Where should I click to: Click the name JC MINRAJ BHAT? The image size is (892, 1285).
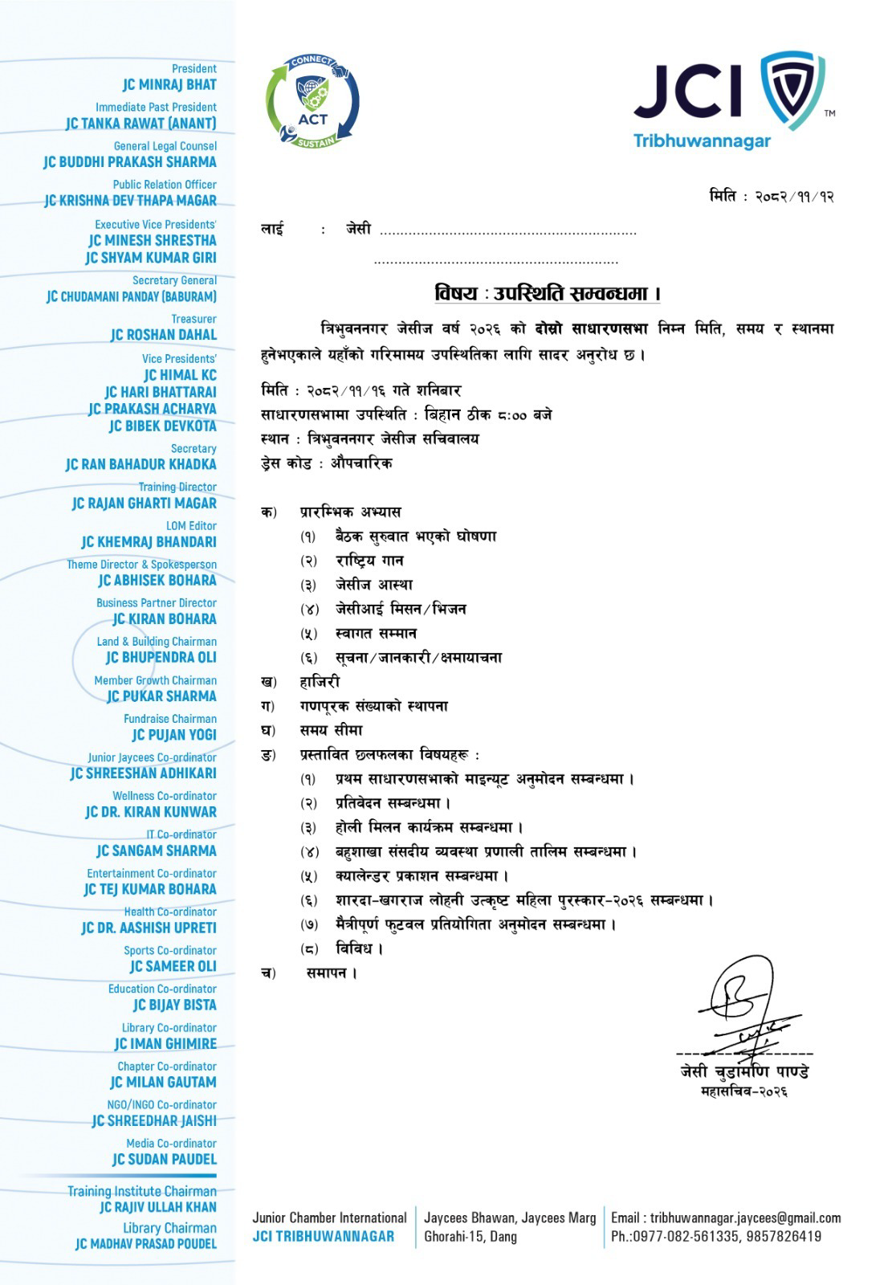coord(169,84)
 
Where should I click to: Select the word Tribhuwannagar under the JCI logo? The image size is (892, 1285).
coord(702,141)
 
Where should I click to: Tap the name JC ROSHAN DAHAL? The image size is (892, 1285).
coord(164,335)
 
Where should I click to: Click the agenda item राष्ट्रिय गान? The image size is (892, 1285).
coord(369,561)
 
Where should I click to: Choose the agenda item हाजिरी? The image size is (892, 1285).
coord(320,682)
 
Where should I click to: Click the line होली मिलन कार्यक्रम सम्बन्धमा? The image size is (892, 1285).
coord(430,827)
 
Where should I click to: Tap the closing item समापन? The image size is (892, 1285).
coord(332,973)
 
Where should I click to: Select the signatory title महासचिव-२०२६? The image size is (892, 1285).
coord(743,1091)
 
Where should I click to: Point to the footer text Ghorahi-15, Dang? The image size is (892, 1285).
coord(470,1237)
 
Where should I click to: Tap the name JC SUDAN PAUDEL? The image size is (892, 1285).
coord(165,1159)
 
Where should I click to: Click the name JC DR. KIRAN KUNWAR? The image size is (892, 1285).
coord(151,812)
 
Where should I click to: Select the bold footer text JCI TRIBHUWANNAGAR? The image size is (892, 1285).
coord(323,1237)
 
